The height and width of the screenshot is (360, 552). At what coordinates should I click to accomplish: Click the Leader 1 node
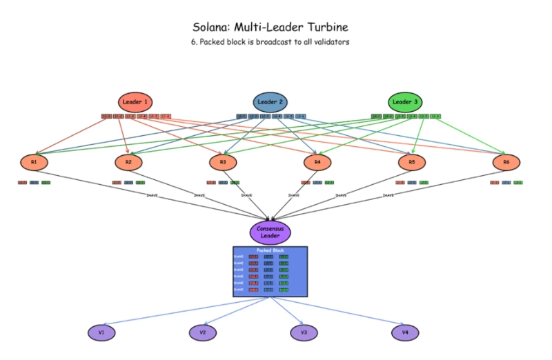pyautogui.click(x=135, y=103)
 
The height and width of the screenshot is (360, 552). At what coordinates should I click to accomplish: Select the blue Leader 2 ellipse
pyautogui.click(x=270, y=103)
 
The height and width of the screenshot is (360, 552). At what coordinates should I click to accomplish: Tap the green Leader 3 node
pyautogui.click(x=405, y=103)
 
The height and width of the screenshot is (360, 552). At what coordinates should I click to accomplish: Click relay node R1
pyautogui.click(x=34, y=163)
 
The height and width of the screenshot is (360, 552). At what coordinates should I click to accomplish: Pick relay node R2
pyautogui.click(x=128, y=163)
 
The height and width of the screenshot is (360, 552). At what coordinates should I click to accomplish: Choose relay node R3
pyautogui.click(x=223, y=163)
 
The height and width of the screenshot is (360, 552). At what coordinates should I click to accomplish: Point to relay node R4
pyautogui.click(x=317, y=163)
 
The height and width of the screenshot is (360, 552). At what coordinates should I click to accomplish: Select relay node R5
pyautogui.click(x=412, y=163)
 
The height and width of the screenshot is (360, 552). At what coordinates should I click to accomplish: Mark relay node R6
pyautogui.click(x=506, y=163)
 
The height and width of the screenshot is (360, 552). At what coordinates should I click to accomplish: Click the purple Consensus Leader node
pyautogui.click(x=270, y=232)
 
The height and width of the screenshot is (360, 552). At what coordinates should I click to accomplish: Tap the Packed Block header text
pyautogui.click(x=270, y=250)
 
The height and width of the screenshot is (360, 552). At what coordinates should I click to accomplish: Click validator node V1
pyautogui.click(x=101, y=332)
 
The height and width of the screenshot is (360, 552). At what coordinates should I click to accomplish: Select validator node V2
pyautogui.click(x=203, y=332)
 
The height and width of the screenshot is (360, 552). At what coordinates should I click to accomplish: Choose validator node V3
pyautogui.click(x=304, y=332)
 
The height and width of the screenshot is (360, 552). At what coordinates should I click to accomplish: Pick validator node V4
pyautogui.click(x=405, y=332)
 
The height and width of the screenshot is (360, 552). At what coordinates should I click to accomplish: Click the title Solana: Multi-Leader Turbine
pyautogui.click(x=270, y=28)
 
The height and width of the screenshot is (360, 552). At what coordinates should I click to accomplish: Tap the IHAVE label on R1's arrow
pyautogui.click(x=152, y=195)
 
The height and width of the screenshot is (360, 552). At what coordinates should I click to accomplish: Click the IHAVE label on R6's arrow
pyautogui.click(x=388, y=195)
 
